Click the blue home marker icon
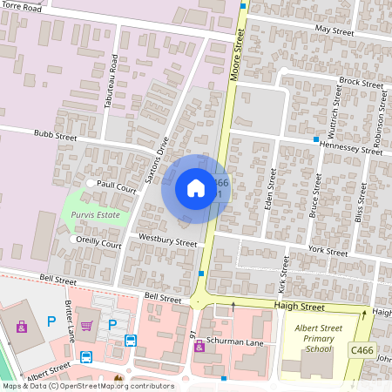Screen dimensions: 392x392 pyautogui.click(x=196, y=188)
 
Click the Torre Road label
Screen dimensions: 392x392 pyautogui.click(x=20, y=6)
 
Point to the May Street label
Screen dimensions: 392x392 pyautogui.click(x=334, y=29)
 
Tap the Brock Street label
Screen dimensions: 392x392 pyautogui.click(x=362, y=82)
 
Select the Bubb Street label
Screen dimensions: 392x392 pyautogui.click(x=56, y=137)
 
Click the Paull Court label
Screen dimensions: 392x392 pyautogui.click(x=117, y=186)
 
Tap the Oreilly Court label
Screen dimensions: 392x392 pyautogui.click(x=98, y=245)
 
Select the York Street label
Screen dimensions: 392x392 pyautogui.click(x=328, y=251)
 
